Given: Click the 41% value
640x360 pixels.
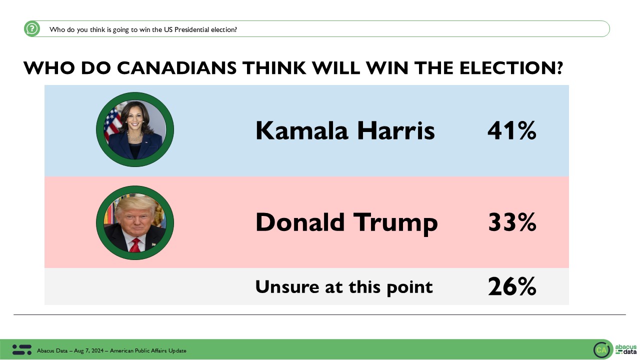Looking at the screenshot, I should coord(511,131).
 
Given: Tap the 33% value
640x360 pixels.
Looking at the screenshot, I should coord(512,222).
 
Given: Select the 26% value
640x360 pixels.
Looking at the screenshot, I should coord(512,286).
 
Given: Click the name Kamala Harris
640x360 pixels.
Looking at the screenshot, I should coord(345,131).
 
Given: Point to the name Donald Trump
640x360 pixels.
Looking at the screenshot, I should coord(346,222).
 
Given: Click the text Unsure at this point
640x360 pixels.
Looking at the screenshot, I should coord(344,286).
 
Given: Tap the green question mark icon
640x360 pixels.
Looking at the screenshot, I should coord(32,28).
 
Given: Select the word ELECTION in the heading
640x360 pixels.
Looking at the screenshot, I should coord(500,68).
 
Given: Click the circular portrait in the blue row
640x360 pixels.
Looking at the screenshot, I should coord(135,130).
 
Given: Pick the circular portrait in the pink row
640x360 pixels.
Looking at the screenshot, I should coord(135,222).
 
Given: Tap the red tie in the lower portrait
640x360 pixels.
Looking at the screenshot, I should coord(135,245).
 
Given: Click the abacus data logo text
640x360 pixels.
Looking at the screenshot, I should coord(625,349).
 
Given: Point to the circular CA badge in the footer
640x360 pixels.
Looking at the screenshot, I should coord(601,350).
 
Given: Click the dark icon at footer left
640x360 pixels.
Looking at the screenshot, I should coord(22,350).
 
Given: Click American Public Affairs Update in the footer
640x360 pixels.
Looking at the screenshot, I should coord(148,350).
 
